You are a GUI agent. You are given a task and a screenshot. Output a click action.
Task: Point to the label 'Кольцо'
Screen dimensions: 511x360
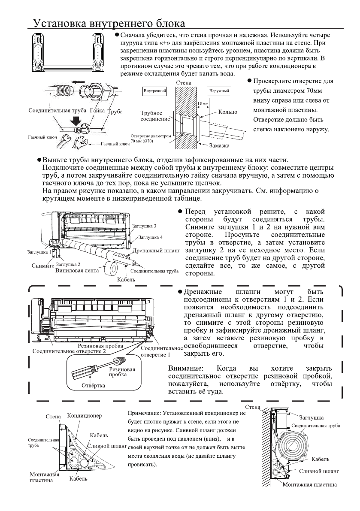coord(228,112)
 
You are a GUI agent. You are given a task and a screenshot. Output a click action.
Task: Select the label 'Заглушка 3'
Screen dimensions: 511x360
coord(145,226)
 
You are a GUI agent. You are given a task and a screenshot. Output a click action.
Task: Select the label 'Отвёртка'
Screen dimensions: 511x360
coord(94,385)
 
